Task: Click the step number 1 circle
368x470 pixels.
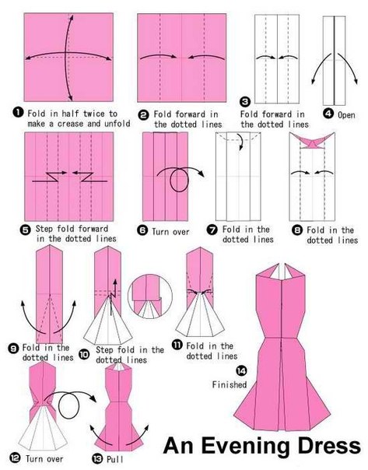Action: (18, 112)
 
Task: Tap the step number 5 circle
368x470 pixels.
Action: (26, 230)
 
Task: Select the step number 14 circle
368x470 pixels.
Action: (241, 370)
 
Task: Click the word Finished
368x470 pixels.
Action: (230, 384)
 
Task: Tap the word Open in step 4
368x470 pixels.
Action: (346, 115)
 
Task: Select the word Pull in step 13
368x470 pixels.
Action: (115, 459)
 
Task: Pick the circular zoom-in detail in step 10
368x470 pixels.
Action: (150, 296)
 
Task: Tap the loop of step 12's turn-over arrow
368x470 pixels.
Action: (68, 405)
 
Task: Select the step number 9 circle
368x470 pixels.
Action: (13, 349)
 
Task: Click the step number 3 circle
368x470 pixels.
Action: (245, 102)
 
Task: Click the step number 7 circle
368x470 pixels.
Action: (212, 230)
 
